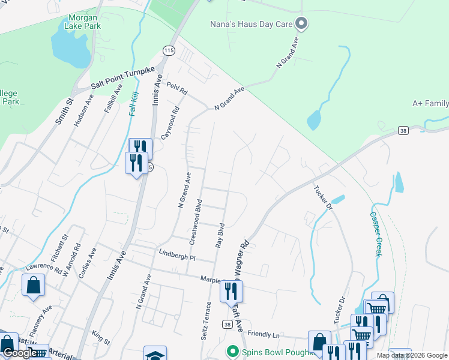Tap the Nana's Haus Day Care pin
pyautogui.click(x=303, y=24)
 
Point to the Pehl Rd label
pyautogui.click(x=177, y=90)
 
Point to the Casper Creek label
pyautogui.click(x=376, y=234)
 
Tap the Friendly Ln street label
pyautogui.click(x=264, y=334)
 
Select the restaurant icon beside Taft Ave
pyautogui.click(x=231, y=292)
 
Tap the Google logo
pyautogui.click(x=20, y=353)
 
